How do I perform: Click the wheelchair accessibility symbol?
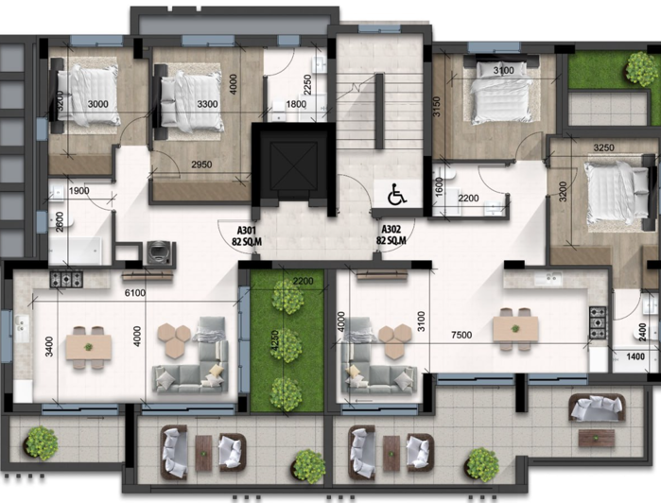[x=397, y=195]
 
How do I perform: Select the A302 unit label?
[x=391, y=234]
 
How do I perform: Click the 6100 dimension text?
[x=134, y=294]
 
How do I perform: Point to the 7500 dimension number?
[x=461, y=336]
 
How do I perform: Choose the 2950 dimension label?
[x=200, y=165]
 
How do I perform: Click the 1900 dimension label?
[x=79, y=192]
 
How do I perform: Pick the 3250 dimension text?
[x=602, y=148]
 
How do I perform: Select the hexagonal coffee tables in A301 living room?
[x=172, y=338]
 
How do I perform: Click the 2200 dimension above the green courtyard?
[x=304, y=282]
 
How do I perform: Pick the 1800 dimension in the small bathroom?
[x=296, y=105]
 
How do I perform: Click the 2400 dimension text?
[x=643, y=333]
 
